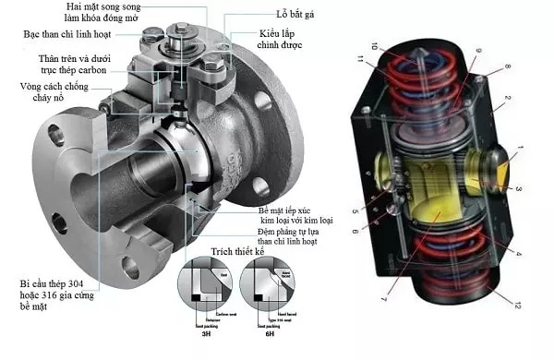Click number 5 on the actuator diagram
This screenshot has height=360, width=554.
[x=354, y=210]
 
